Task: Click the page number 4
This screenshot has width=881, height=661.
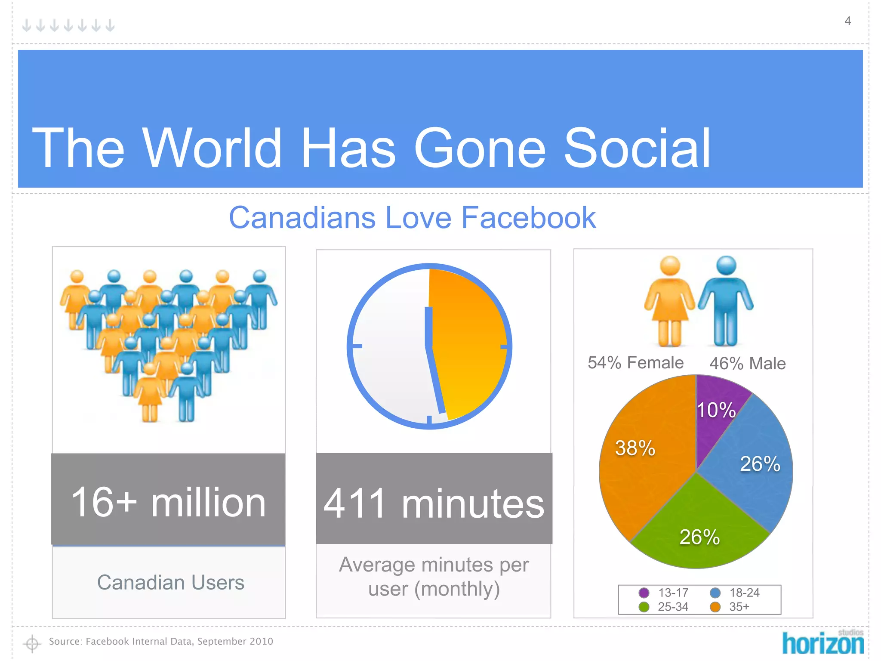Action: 847,21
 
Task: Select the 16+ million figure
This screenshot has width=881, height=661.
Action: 168,502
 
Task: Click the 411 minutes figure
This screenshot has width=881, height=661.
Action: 434,503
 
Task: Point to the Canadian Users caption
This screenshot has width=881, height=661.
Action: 170,583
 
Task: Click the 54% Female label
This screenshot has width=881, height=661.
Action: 635,363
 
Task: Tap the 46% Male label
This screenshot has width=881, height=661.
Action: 747,364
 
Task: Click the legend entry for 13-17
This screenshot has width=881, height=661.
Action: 665,593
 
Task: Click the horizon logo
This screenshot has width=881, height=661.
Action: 822,642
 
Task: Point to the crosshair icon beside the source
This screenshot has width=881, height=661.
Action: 32,643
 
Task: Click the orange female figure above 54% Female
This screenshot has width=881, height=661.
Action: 669,301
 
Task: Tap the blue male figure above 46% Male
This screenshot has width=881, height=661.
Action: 726,301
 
